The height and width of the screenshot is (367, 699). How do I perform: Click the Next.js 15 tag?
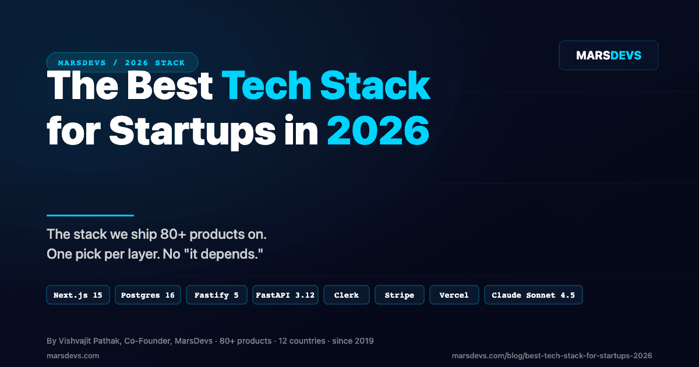coord(78,295)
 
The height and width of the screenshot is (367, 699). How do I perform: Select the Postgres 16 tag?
coord(148,295)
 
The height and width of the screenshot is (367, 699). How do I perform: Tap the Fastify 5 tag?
coord(217,295)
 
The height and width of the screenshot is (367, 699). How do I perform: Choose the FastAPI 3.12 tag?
coord(285,295)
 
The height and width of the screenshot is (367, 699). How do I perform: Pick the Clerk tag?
coord(347,295)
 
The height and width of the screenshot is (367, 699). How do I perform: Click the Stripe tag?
coord(400,295)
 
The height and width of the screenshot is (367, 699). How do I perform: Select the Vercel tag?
coord(454,295)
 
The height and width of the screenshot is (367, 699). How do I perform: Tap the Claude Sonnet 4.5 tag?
coord(533,295)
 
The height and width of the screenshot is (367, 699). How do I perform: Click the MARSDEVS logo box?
coord(608,55)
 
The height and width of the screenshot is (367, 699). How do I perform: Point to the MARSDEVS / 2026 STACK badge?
coord(122,62)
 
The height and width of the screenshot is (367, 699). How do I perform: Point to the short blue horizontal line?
coord(90,216)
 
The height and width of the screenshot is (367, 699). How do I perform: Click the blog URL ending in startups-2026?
coord(552,355)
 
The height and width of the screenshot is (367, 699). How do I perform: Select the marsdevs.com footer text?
coord(73,355)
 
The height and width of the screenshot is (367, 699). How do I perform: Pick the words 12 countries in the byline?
coord(302,341)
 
